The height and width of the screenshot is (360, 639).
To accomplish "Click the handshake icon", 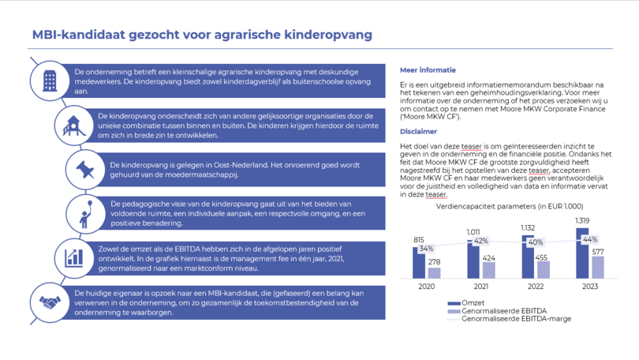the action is pyautogui.click(x=50, y=302).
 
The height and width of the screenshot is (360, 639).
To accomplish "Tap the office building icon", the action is pyautogui.click(x=50, y=81).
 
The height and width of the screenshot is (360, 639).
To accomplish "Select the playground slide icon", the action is pyautogui.click(x=74, y=126).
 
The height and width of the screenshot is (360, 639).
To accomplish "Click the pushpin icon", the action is pyautogui.click(x=85, y=170).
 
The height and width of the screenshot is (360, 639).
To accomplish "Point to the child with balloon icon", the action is pyautogui.click(x=85, y=214).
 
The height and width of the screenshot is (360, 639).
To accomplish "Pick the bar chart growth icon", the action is pyautogui.click(x=74, y=258).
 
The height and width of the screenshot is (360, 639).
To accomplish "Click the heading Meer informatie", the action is pyautogui.click(x=428, y=70).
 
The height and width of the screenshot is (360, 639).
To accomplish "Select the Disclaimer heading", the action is pyautogui.click(x=418, y=132).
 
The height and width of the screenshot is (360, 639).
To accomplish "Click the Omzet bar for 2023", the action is pyautogui.click(x=582, y=253).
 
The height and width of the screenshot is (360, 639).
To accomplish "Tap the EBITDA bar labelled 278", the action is pyautogui.click(x=435, y=273).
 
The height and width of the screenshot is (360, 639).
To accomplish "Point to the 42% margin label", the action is pyautogui.click(x=481, y=241).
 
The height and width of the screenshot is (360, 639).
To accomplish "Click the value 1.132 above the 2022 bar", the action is pyautogui.click(x=528, y=228).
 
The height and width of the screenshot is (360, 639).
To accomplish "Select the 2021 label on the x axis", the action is pyautogui.click(x=481, y=287).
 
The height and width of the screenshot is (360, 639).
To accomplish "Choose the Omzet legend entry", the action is pyautogui.click(x=466, y=303).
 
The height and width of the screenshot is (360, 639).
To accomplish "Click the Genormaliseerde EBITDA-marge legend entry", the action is pyautogui.click(x=510, y=319).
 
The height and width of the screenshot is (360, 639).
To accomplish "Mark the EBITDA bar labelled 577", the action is pyautogui.click(x=598, y=268).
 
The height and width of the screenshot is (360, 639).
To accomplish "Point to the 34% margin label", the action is pyautogui.click(x=426, y=249).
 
